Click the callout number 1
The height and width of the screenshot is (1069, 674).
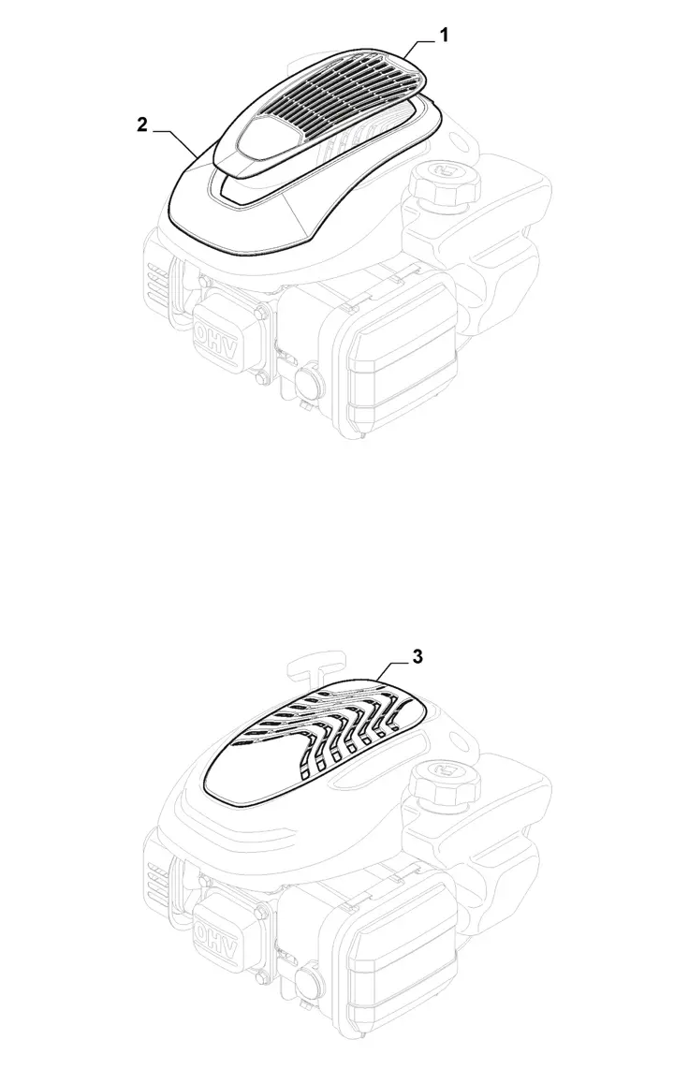click(444, 37)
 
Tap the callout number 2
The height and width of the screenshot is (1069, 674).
click(141, 125)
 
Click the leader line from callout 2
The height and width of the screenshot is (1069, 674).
click(176, 141)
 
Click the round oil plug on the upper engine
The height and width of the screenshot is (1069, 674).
click(309, 377)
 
